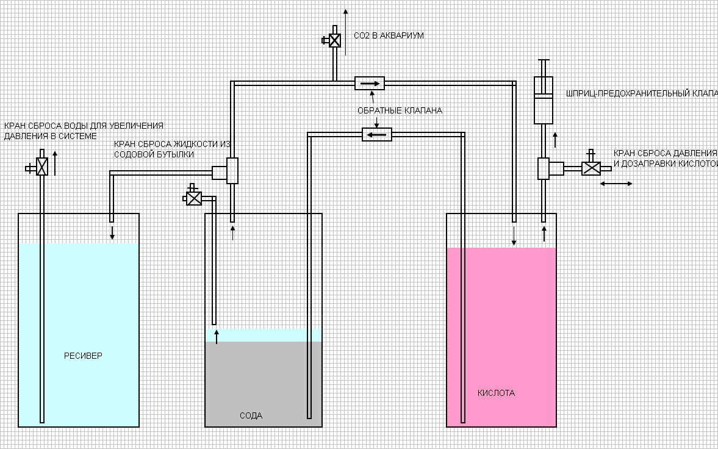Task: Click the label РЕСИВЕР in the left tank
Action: (x=84, y=356)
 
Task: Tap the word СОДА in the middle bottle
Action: (x=251, y=415)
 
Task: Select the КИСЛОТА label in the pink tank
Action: (x=496, y=393)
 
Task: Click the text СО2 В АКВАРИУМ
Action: (x=389, y=36)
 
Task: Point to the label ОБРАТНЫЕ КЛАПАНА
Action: (x=400, y=110)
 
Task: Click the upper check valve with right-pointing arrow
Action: (x=370, y=83)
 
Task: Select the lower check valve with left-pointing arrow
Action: (x=376, y=134)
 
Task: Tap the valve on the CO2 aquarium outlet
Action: (x=334, y=40)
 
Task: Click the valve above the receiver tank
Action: (x=42, y=167)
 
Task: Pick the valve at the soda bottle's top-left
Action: (x=195, y=198)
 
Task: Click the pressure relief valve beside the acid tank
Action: (x=591, y=168)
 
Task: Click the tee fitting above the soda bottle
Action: (x=232, y=171)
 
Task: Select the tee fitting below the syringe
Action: (x=544, y=168)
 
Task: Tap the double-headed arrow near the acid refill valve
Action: (x=616, y=184)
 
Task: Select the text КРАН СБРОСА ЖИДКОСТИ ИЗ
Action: (x=173, y=145)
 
